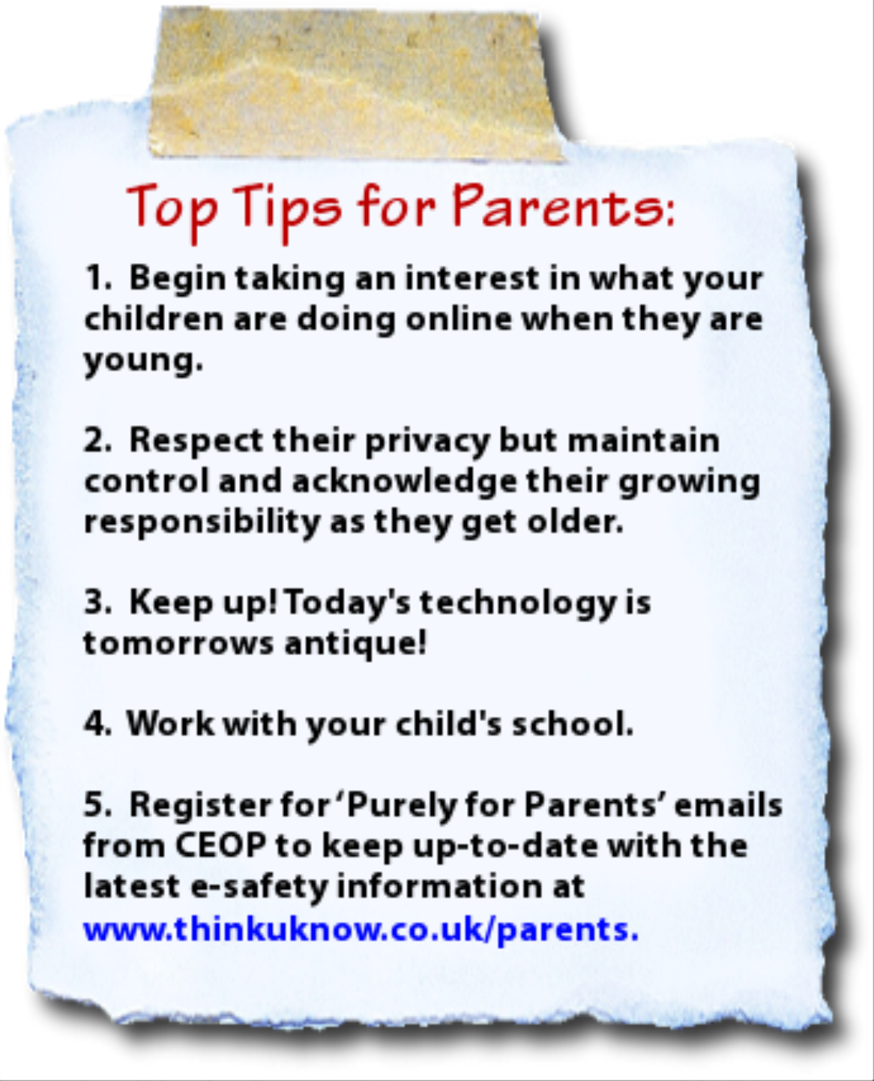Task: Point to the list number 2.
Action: tap(97, 441)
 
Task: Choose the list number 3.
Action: tap(97, 603)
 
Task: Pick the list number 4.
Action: tap(97, 724)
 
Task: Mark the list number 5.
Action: tap(97, 806)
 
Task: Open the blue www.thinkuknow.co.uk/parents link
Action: tap(361, 929)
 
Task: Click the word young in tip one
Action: tap(142, 361)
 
